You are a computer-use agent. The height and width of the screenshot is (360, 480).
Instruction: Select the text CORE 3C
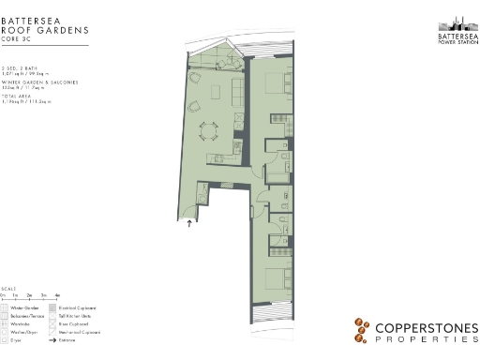pyautogui.click(x=17, y=42)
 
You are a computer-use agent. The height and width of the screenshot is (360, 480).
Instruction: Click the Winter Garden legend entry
pyautogui.click(x=24, y=307)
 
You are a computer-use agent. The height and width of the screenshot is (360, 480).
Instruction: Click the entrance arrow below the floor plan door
pyautogui.click(x=191, y=223)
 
